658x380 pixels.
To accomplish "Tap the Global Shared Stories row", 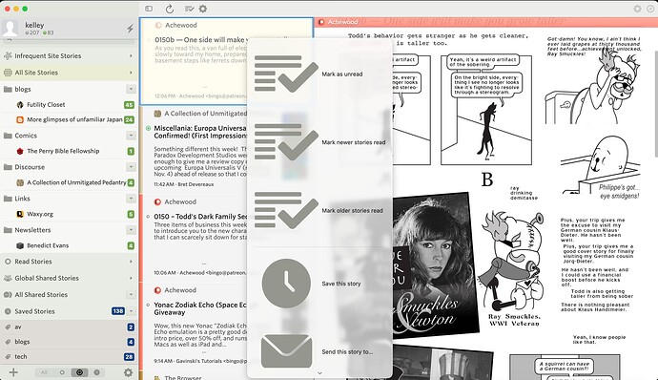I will tap(47, 278).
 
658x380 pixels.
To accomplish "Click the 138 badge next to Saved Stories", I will tap(118, 311).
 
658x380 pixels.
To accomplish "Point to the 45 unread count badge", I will tap(129, 104).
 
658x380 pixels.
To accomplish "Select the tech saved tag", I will tap(21, 355).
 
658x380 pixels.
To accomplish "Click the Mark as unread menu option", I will tap(340, 74).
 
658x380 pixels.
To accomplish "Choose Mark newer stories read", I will tap(354, 142).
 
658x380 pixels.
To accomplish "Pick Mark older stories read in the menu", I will tap(352, 210).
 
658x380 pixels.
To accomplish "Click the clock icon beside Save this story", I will tap(285, 283).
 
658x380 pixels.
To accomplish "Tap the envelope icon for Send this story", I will tap(286, 350).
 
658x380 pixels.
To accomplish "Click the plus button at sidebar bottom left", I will tap(13, 371).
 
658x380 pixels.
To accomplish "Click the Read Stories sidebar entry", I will tap(33, 262).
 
